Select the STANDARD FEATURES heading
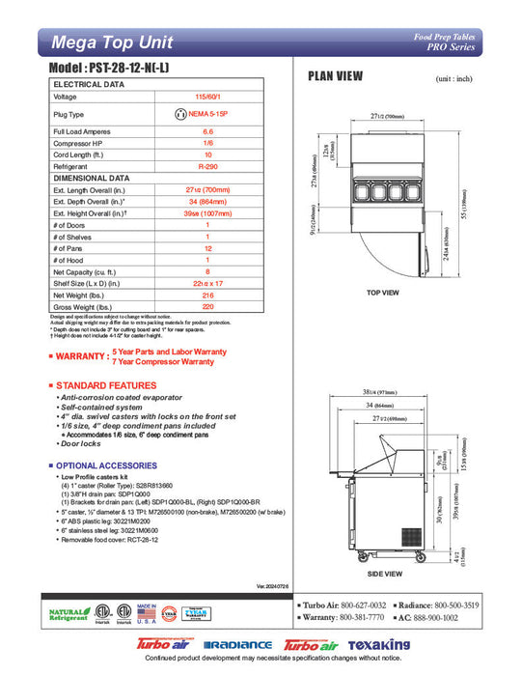(105, 385)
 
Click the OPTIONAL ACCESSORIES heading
(109, 465)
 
